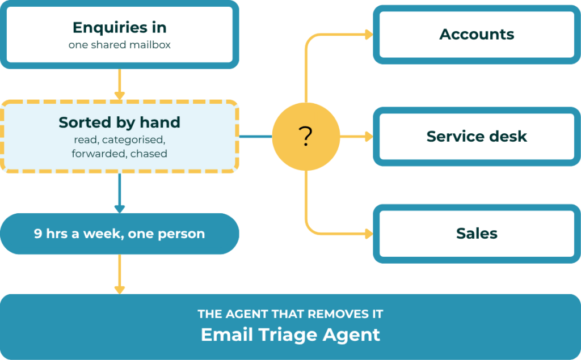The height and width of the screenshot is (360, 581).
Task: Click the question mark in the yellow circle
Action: (306, 136)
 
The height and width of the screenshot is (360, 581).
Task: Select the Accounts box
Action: (477, 35)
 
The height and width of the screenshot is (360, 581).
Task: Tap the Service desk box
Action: (477, 136)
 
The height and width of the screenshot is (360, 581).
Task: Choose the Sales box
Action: (477, 234)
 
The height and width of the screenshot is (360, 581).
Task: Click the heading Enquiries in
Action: (119, 27)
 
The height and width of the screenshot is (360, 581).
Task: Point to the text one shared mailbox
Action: (119, 45)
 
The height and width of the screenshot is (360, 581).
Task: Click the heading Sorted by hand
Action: (119, 122)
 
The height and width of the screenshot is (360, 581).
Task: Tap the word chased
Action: (149, 153)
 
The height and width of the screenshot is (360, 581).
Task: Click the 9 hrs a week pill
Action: (119, 234)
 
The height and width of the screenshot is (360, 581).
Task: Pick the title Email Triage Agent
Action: (290, 335)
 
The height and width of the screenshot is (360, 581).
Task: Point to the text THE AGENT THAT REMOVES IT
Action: (290, 314)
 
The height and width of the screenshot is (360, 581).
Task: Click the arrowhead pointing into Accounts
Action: (369, 35)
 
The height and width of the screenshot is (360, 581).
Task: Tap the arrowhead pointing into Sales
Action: (369, 234)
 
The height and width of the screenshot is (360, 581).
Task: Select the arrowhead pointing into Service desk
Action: (369, 136)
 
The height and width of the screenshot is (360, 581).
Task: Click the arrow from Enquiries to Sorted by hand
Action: (119, 84)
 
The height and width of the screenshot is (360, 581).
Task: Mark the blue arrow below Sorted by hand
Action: (119, 193)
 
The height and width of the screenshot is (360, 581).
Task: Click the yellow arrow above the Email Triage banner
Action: (119, 274)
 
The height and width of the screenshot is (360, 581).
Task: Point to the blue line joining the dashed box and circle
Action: (256, 136)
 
